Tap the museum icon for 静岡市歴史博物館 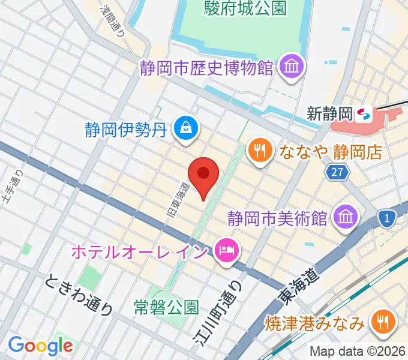pos(293,66)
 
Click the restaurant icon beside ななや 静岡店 pos(259,150)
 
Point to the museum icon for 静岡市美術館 pos(346,216)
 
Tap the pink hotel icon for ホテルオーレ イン pos(226,249)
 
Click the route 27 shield pos(337,173)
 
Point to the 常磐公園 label pos(166,308)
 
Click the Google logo pos(40,346)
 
